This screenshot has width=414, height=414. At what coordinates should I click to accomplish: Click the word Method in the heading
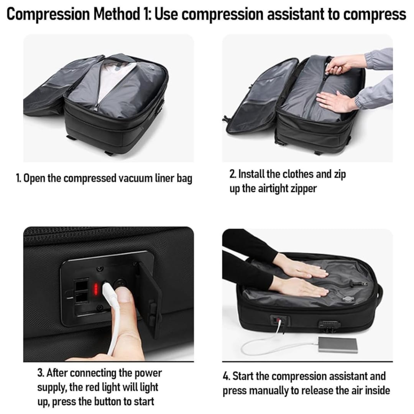pyautogui.click(x=116, y=14)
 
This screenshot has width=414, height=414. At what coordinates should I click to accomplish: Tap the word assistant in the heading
pyautogui.click(x=296, y=14)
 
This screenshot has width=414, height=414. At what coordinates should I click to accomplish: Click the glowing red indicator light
pyautogui.click(x=96, y=289)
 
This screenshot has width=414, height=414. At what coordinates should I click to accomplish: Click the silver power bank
pyautogui.click(x=338, y=344)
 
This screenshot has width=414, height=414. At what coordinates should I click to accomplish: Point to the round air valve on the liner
pyautogui.click(x=348, y=299)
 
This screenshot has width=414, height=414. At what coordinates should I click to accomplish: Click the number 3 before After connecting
pyautogui.click(x=40, y=373)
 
